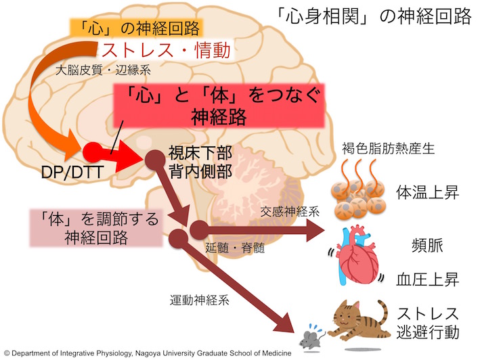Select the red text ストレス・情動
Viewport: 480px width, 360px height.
[x=166, y=51]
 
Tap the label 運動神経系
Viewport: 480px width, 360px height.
[x=199, y=296]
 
